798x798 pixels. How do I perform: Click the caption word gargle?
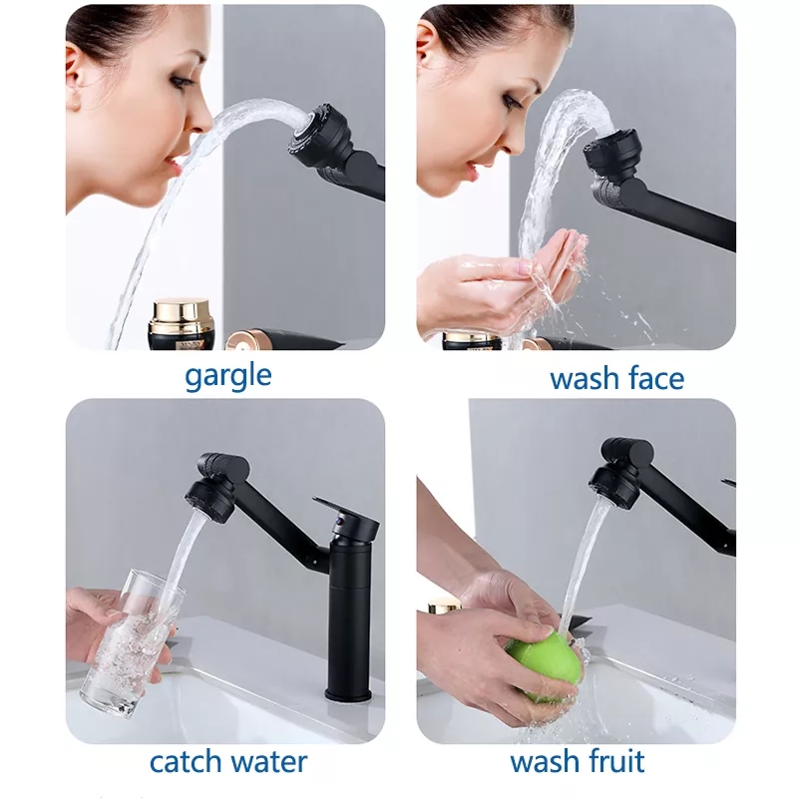[x=227, y=376]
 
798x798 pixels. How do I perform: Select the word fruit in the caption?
[x=611, y=762]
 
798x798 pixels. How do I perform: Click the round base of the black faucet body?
[x=348, y=690]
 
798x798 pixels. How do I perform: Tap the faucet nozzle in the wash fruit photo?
[x=609, y=480]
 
